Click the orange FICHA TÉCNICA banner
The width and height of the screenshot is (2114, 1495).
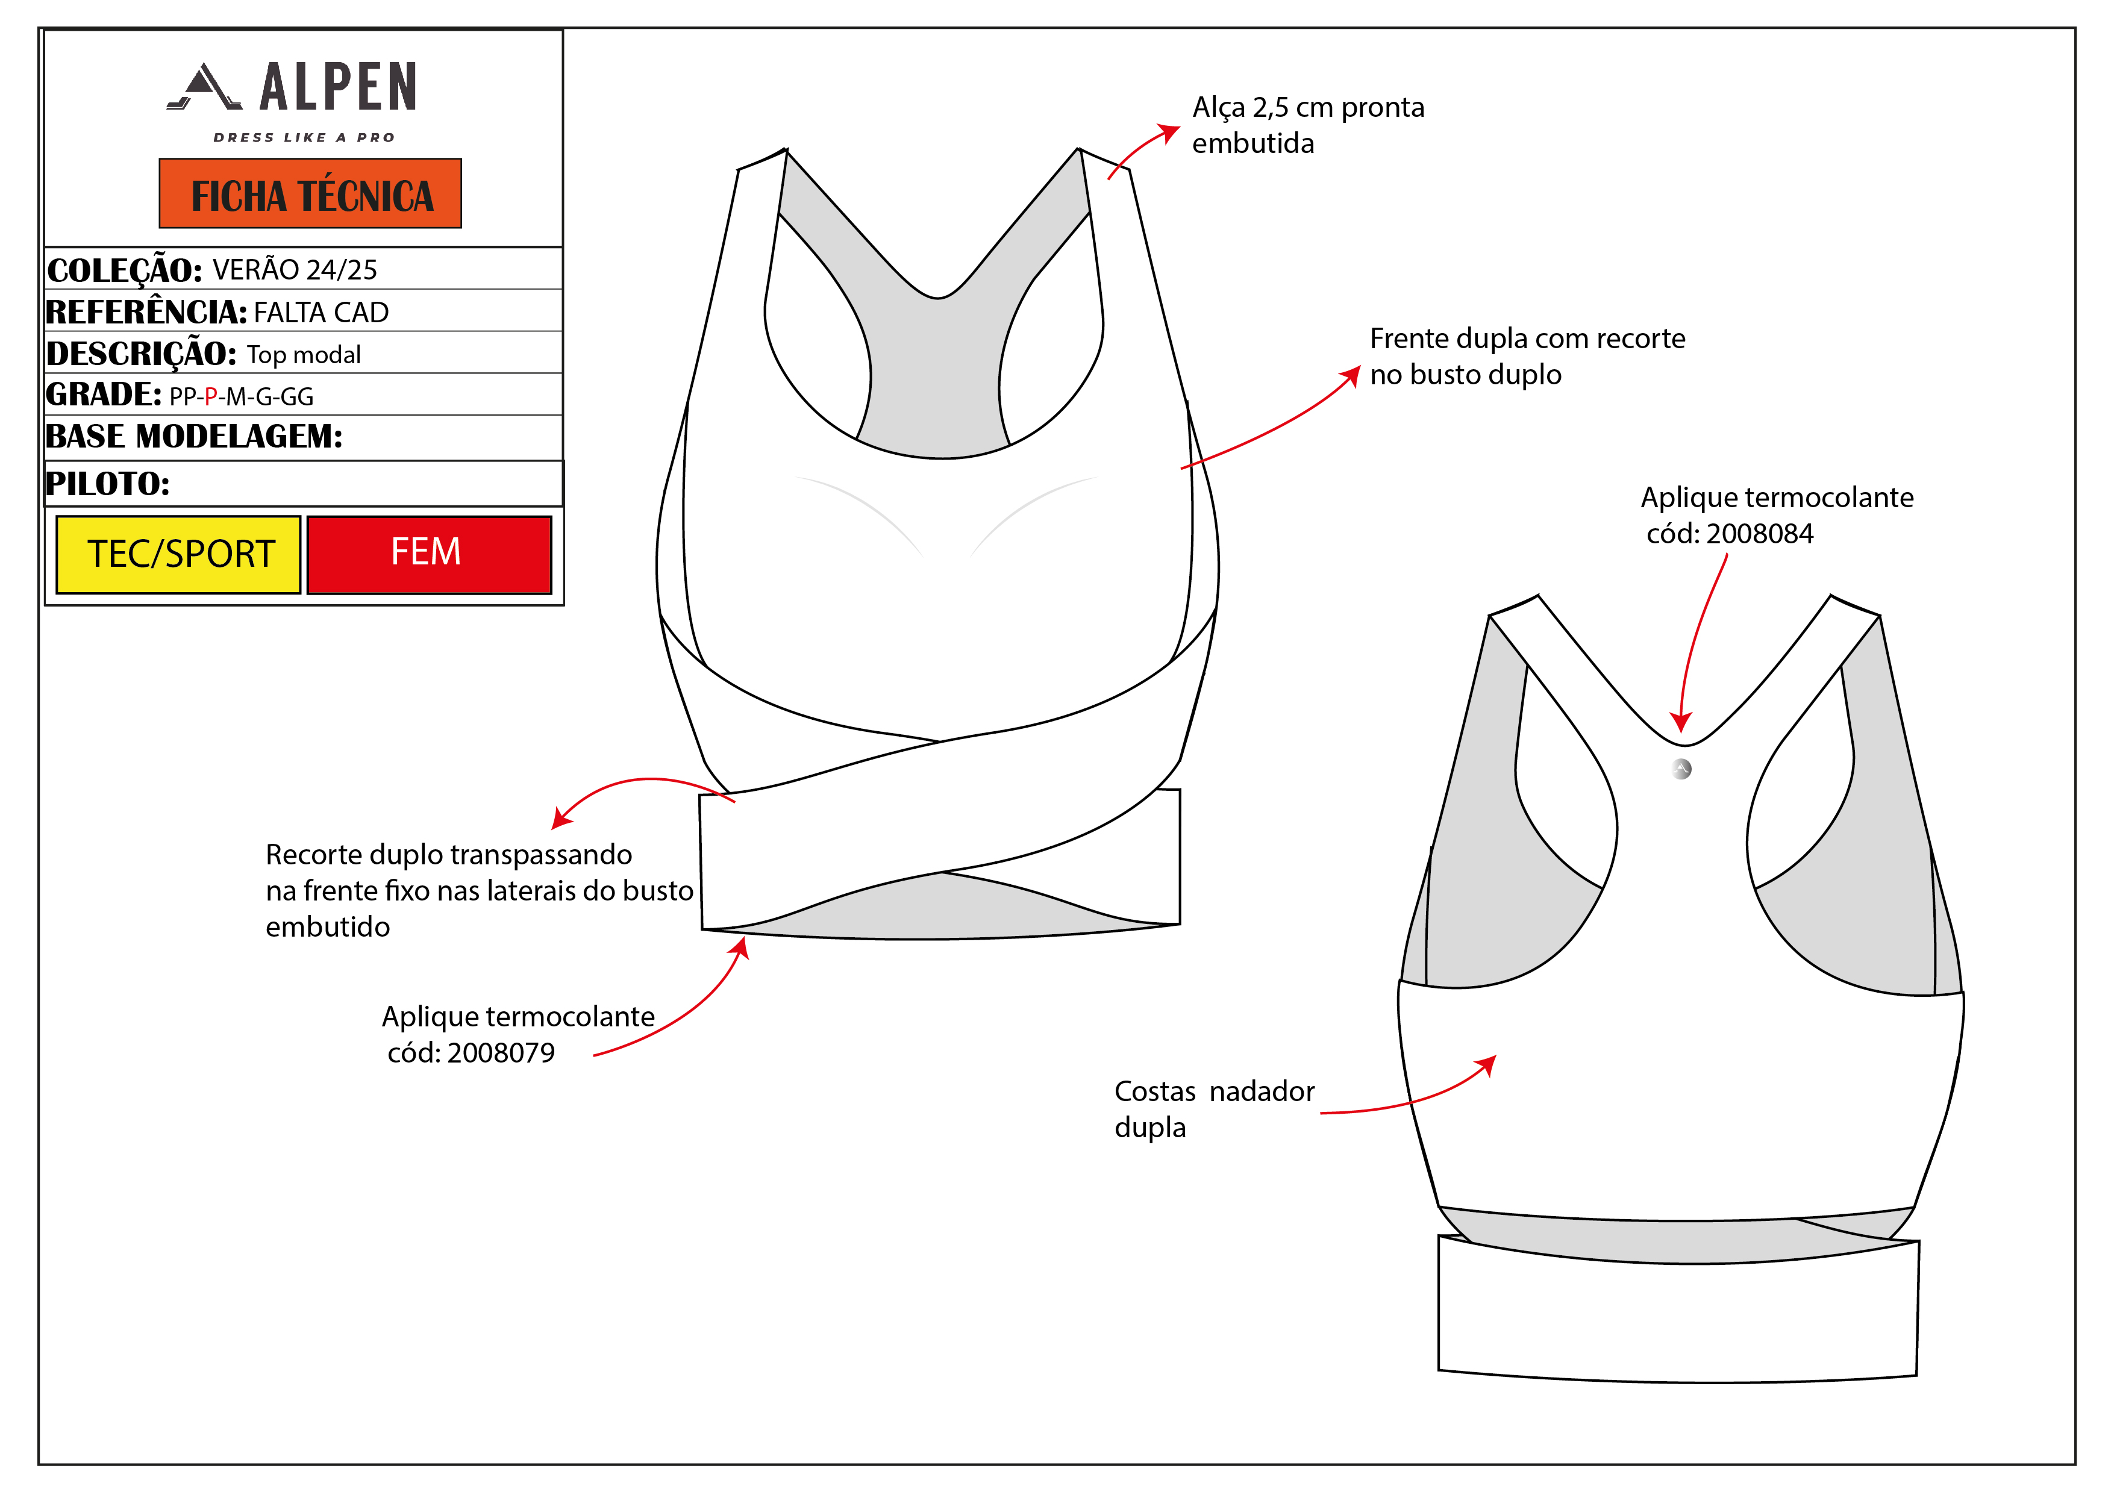click(x=310, y=193)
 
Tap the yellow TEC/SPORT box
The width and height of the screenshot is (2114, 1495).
click(x=178, y=554)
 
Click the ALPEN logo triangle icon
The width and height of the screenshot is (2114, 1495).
click(x=204, y=87)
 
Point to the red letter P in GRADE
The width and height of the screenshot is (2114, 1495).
click(x=211, y=397)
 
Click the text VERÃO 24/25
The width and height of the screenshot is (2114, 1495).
click(x=295, y=270)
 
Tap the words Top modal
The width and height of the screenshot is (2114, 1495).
click(x=304, y=354)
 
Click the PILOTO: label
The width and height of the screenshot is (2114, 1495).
click(x=108, y=483)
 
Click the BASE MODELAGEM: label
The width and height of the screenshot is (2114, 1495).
click(x=194, y=436)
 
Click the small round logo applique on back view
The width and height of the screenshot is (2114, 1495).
click(x=1681, y=769)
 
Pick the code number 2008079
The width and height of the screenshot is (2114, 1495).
click(x=501, y=1053)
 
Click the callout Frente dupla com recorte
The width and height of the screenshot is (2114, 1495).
click(x=1527, y=339)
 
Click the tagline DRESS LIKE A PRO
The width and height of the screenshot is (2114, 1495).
click(x=304, y=137)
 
